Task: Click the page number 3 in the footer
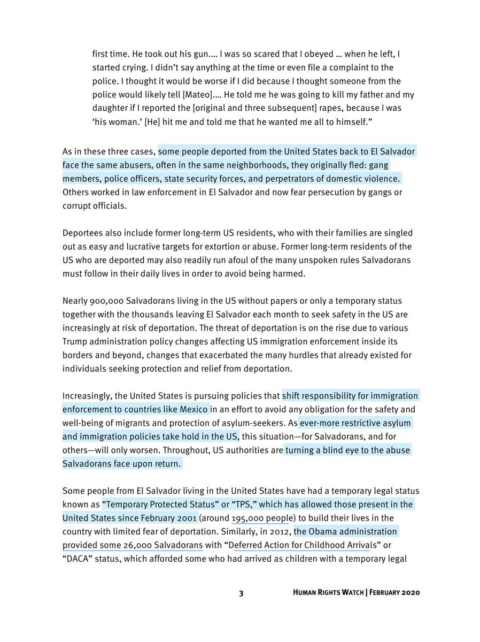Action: pyautogui.click(x=241, y=593)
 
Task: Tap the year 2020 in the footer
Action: pyautogui.click(x=409, y=593)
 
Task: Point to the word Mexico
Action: pyautogui.click(x=191, y=410)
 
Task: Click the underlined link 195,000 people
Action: pyautogui.click(x=260, y=518)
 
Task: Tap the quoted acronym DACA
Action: pyautogui.click(x=79, y=560)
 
